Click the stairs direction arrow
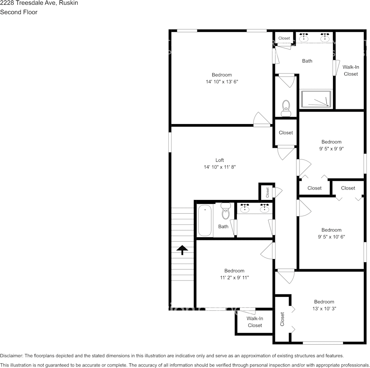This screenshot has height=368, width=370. [182, 250]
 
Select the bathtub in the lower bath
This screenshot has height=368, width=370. [205, 221]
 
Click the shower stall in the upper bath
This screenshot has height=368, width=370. [316, 100]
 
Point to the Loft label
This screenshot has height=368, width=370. [220, 160]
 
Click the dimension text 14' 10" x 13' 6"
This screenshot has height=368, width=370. [222, 82]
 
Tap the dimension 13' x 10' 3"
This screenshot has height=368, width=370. [324, 308]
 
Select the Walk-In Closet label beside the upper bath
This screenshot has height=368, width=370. [351, 70]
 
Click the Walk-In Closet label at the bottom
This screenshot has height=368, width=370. [255, 322]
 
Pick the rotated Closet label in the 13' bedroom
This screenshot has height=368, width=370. [282, 319]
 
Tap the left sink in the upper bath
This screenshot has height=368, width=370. [304, 38]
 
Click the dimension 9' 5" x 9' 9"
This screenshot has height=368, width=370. [331, 149]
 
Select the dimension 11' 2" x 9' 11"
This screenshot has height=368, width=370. [234, 277]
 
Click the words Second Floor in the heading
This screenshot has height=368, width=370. [19, 12]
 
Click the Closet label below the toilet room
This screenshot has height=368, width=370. [285, 133]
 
